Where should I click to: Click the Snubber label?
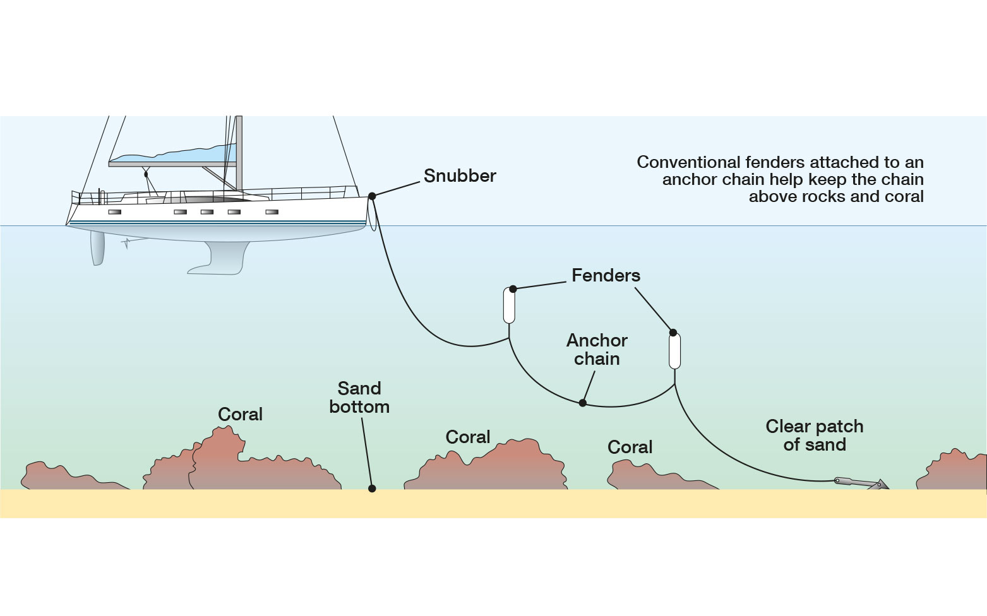click(x=459, y=175)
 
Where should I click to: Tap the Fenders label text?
click(x=606, y=275)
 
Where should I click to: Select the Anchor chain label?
click(x=597, y=349)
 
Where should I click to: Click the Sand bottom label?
click(x=359, y=397)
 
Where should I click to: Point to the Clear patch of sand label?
click(x=814, y=435)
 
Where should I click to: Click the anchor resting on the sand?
click(x=862, y=483)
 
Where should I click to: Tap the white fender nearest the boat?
click(x=509, y=305)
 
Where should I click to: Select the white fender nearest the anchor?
click(x=674, y=351)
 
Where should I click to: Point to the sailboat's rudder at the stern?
click(x=97, y=247)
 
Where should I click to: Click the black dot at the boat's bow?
click(x=372, y=196)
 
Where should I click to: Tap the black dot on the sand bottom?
click(x=372, y=489)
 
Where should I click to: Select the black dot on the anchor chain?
click(x=583, y=403)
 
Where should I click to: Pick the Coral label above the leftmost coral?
click(x=240, y=414)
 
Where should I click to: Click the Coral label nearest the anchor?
click(x=630, y=447)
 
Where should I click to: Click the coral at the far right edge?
click(x=954, y=472)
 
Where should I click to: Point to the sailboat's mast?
click(x=239, y=151)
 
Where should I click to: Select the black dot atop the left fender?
click(x=513, y=289)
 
